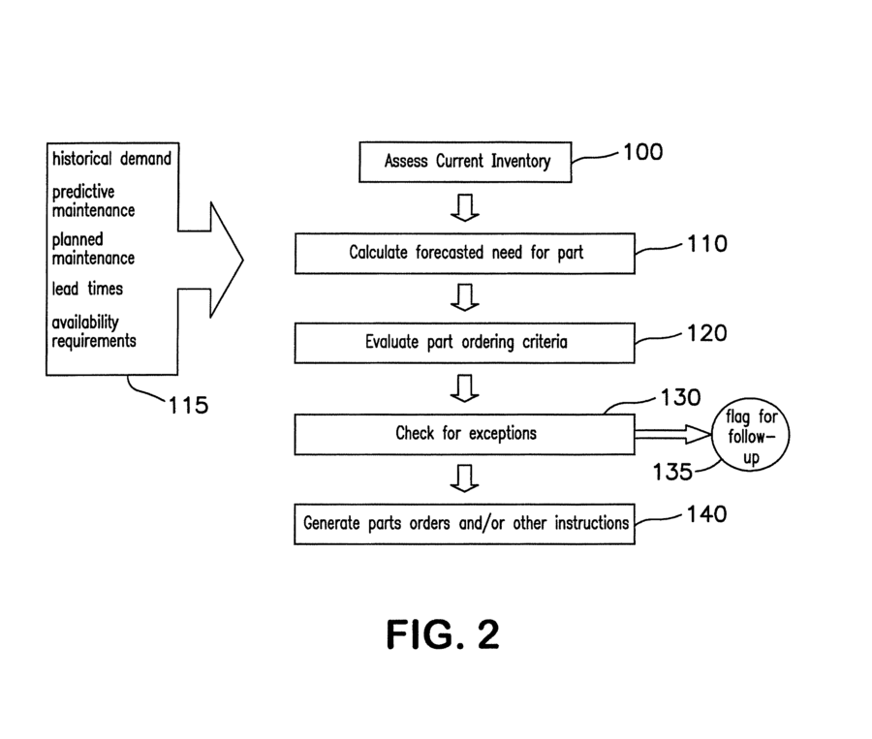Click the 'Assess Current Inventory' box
(466, 162)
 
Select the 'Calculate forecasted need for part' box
(466, 253)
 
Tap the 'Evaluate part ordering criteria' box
(466, 342)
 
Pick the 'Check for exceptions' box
(466, 433)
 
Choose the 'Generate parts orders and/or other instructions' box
(466, 524)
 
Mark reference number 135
(671, 473)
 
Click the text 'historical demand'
(111, 158)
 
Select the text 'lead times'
(87, 289)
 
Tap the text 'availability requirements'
(94, 332)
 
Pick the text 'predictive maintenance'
(93, 200)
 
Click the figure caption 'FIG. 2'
(443, 634)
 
